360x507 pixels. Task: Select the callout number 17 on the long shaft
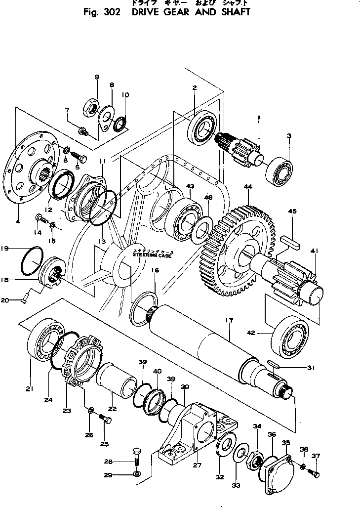click(229, 321)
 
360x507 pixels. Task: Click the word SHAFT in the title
click(227, 12)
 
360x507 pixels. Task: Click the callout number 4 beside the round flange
click(18, 221)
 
